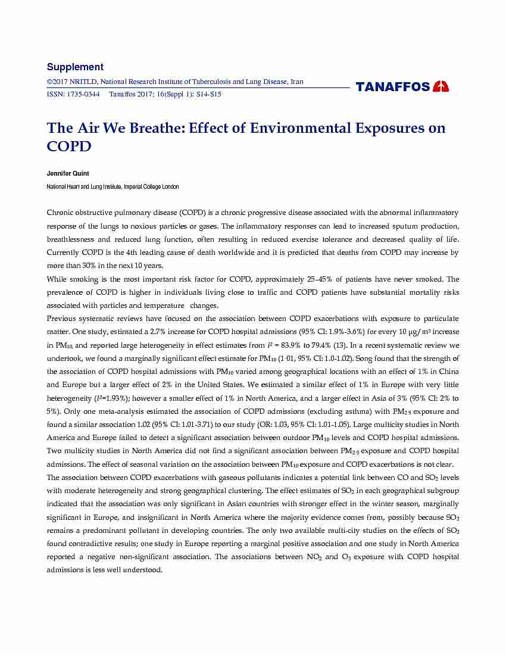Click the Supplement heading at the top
(75, 67)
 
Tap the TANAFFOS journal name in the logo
(393, 87)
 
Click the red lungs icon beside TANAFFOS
(441, 86)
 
